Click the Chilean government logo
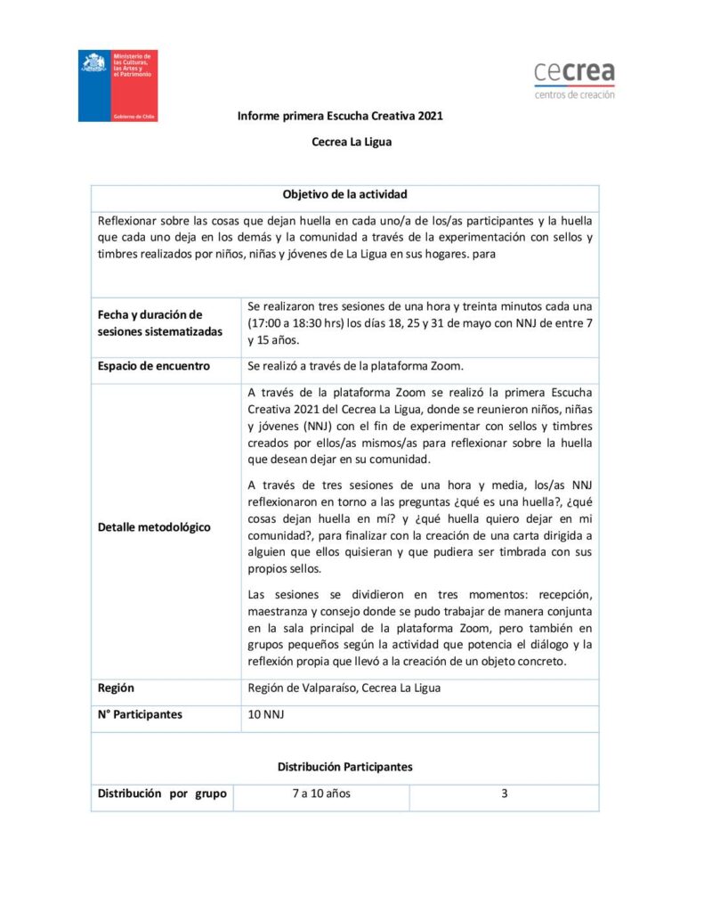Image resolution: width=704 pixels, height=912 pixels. click(x=117, y=86)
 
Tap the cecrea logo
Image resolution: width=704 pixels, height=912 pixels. click(x=574, y=79)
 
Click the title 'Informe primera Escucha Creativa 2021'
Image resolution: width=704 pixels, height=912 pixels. click(x=340, y=116)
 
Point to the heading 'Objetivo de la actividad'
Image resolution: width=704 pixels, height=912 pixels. click(x=345, y=194)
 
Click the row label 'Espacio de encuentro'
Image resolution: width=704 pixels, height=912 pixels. click(x=153, y=366)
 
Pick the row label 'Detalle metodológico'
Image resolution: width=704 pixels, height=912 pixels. click(x=154, y=526)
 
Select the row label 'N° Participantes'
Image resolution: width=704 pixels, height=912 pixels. click(x=140, y=715)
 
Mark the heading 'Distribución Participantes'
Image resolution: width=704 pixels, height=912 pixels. click(x=344, y=766)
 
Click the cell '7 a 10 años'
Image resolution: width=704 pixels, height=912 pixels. click(x=321, y=794)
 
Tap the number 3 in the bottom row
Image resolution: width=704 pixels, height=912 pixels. click(x=504, y=794)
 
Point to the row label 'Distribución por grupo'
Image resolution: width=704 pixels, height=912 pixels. click(x=162, y=794)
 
